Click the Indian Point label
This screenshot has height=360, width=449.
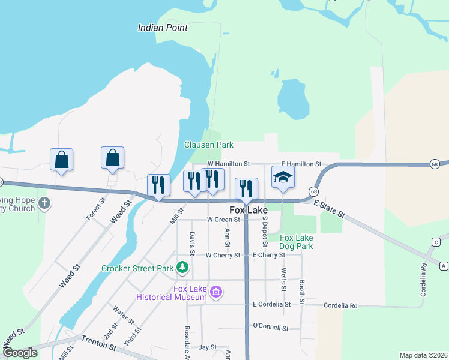point(163,28)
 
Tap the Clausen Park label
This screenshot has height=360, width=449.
point(208,145)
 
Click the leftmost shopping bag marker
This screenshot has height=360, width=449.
point(61,160)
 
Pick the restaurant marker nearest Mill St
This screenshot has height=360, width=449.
point(158,185)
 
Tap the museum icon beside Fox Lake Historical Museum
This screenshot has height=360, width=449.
point(216,293)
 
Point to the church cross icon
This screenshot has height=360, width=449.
point(44,204)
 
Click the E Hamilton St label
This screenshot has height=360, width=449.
point(301,164)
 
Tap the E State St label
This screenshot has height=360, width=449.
point(330,209)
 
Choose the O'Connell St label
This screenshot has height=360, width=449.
point(271,328)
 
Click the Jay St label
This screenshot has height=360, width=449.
point(208,347)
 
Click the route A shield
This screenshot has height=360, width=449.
point(444,265)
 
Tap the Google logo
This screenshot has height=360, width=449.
point(20,353)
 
